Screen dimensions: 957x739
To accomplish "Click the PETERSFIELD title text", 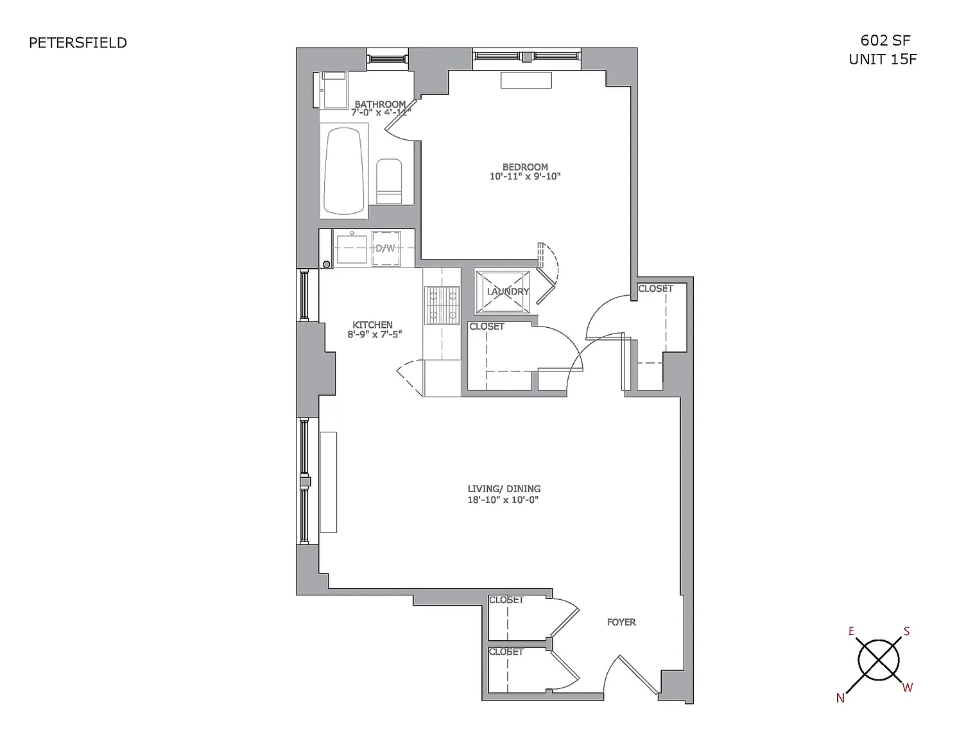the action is tap(78, 43).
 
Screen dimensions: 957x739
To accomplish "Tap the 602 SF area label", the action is tap(885, 40).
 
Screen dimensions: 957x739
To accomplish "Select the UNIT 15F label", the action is tap(883, 60).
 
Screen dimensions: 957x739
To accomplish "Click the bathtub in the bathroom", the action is tap(344, 171).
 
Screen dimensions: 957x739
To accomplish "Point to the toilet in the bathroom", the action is tap(389, 182).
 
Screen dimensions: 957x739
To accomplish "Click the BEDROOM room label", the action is tap(525, 167).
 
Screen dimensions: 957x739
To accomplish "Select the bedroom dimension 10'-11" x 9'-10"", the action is tap(525, 176).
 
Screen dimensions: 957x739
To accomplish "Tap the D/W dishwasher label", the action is tap(385, 248).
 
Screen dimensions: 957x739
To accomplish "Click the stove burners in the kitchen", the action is tap(442, 305).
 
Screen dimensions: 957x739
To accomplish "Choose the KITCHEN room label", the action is tap(372, 325).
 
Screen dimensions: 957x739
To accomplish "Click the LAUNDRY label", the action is tap(508, 291).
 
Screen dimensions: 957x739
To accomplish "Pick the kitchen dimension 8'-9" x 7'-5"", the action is tap(375, 334).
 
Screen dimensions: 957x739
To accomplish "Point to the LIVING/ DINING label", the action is tap(504, 489).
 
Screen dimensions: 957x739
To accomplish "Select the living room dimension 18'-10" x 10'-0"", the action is tap(503, 500).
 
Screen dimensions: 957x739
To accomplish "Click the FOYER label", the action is tap(621, 622).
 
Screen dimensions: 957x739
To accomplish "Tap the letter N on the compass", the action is tap(840, 699).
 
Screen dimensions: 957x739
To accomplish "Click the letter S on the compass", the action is tap(906, 632).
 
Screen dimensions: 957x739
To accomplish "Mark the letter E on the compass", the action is tap(851, 632).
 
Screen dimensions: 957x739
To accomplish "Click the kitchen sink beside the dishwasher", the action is tap(352, 249).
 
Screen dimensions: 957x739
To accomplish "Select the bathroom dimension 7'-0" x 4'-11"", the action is tap(381, 112).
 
